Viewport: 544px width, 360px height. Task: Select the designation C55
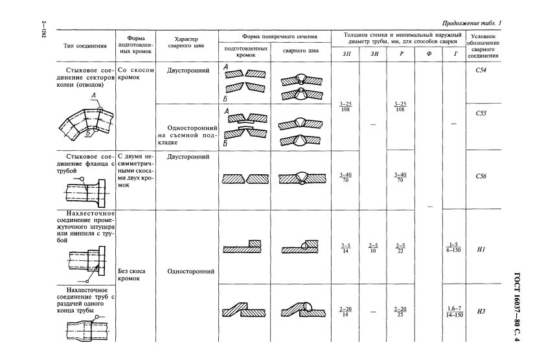pyautogui.click(x=481, y=113)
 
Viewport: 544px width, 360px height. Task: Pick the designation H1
pyautogui.click(x=481, y=249)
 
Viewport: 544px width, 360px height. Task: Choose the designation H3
pyautogui.click(x=481, y=311)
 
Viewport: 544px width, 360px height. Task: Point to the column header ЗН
pyautogui.click(x=373, y=54)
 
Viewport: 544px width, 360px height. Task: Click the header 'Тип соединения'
pyautogui.click(x=84, y=46)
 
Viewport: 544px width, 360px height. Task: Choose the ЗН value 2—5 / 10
pyautogui.click(x=373, y=248)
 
